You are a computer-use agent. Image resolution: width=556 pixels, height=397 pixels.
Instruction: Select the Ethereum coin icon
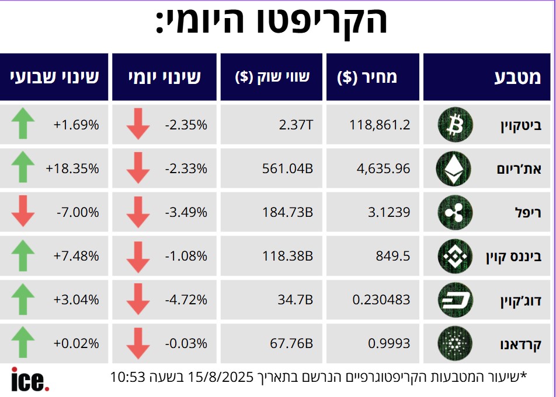point(453,168)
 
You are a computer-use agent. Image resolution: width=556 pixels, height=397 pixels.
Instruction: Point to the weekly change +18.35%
point(72,168)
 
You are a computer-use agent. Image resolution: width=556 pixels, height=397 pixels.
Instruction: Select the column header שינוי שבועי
point(54,78)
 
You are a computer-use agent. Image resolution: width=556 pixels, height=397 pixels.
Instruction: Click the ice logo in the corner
point(30,380)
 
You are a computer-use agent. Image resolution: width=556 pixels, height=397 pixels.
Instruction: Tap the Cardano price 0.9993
point(389,344)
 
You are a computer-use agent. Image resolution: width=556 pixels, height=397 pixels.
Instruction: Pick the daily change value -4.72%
point(186,300)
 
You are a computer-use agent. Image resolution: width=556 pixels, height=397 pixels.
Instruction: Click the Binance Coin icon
point(453,256)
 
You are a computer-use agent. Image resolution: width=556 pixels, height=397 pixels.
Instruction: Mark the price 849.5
point(394,256)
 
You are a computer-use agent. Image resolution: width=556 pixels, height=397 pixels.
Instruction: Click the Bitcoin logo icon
point(453,124)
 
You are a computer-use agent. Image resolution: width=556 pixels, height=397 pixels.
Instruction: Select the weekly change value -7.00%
point(78,212)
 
